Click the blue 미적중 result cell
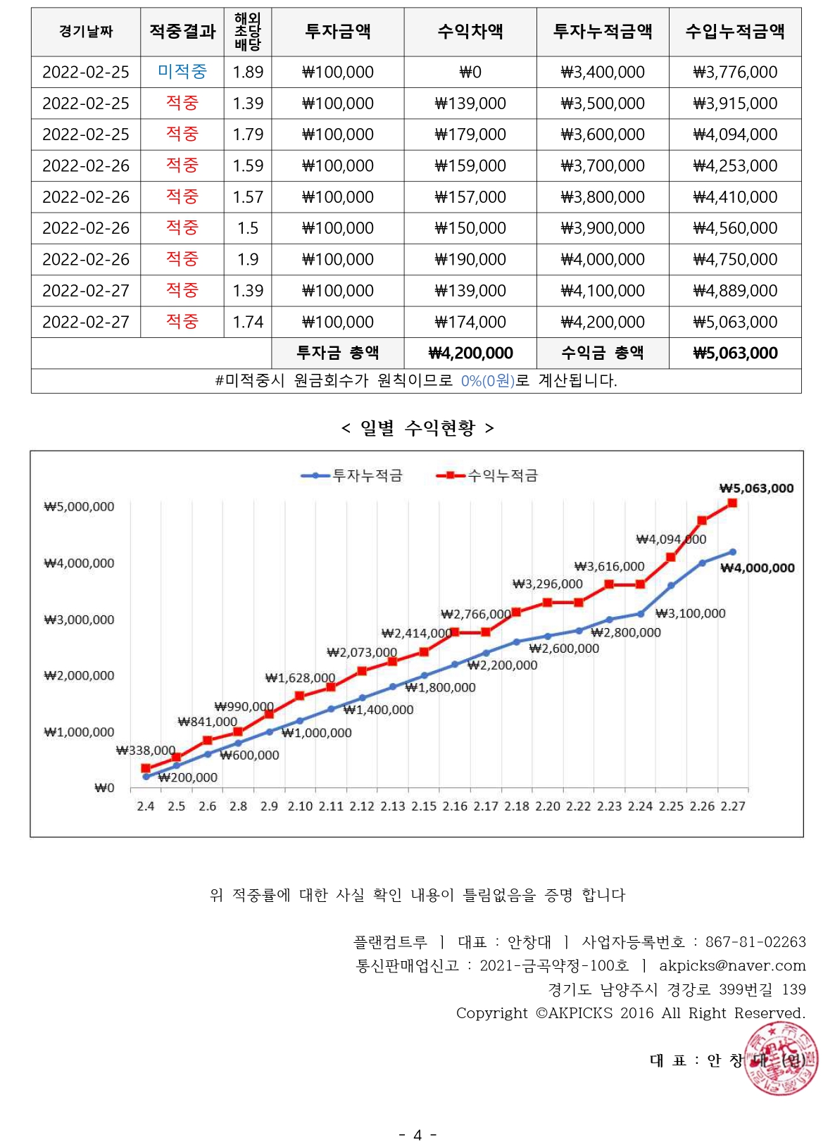coord(182,72)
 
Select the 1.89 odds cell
coord(248,72)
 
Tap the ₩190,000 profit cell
coord(470,259)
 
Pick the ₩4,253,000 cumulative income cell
coord(735,165)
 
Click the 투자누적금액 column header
coord(603,32)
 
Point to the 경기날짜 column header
coord(86,32)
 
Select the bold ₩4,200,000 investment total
coord(470,353)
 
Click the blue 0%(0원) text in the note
coord(488,381)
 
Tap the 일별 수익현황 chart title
coord(417,427)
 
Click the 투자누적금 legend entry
coord(352,476)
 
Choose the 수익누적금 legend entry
coord(487,476)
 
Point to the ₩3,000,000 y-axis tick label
coord(79,620)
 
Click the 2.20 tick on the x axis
coord(548,806)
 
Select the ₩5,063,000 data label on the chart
coord(756,488)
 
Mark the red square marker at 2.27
coord(733,503)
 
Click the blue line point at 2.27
coord(733,552)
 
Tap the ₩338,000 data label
coord(145,751)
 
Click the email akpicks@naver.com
coord(732,965)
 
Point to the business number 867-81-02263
coord(755,942)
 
